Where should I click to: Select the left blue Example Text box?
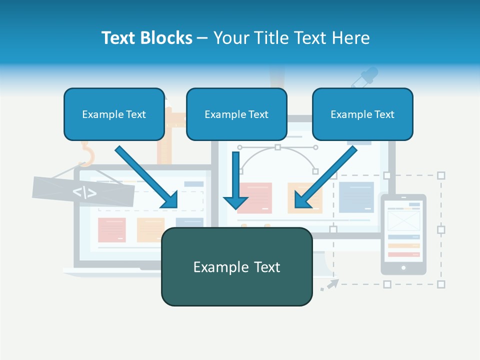click(x=114, y=114)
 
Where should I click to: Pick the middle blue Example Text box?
click(x=236, y=114)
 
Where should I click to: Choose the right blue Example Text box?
click(x=362, y=114)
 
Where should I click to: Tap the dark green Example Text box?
click(x=236, y=267)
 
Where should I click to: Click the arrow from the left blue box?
click(x=147, y=177)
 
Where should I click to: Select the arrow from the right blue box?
click(x=325, y=177)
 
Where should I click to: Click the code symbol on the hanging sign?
click(x=84, y=192)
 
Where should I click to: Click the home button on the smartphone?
click(x=403, y=268)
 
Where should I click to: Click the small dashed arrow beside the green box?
click(x=329, y=285)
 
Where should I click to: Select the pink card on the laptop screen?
click(x=112, y=230)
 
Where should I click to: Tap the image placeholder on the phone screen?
click(x=403, y=220)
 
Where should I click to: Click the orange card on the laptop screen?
click(x=150, y=230)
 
